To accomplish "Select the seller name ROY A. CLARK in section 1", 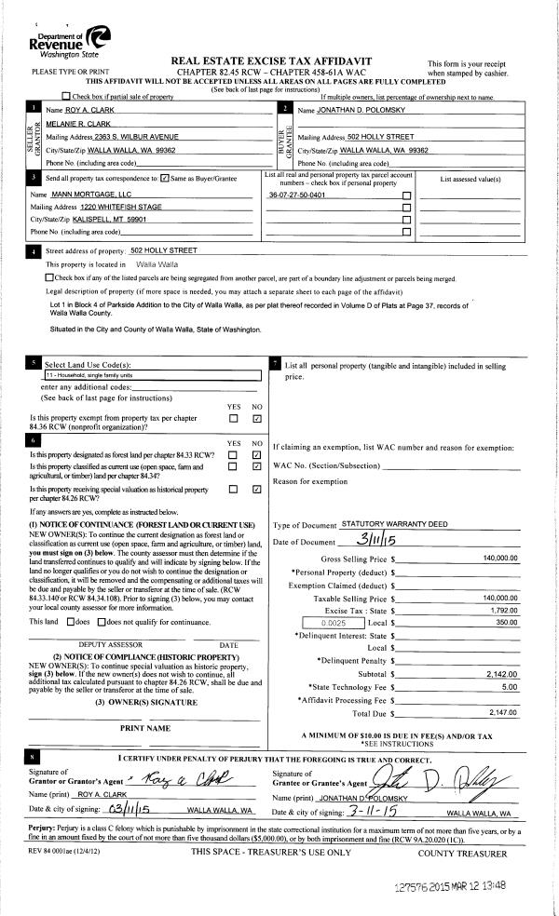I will tap(88, 111).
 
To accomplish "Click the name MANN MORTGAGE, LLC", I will tap(90, 193).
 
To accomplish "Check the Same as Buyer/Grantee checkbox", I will tap(165, 176).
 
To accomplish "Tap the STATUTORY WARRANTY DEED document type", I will tap(381, 525).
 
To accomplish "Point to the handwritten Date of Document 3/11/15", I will tap(376, 541).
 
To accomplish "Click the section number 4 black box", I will tap(34, 250).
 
